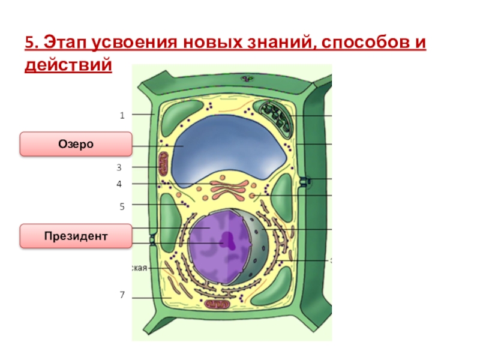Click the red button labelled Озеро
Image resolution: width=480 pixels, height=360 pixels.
(x=76, y=145)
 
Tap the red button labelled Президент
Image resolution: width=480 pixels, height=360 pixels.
(x=76, y=236)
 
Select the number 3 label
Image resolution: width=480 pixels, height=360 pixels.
(x=119, y=167)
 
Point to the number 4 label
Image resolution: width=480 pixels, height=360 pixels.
(x=119, y=184)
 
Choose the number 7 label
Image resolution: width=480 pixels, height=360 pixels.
(x=121, y=295)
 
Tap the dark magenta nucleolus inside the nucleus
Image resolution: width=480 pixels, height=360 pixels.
(x=228, y=241)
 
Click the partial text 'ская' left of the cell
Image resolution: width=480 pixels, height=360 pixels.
(x=139, y=268)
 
